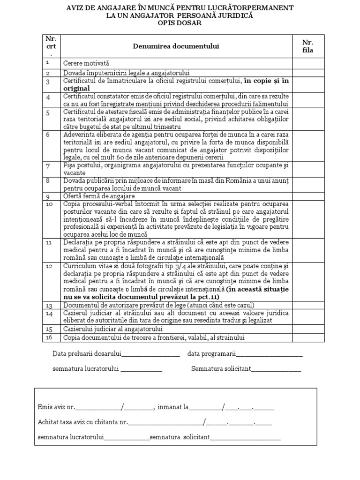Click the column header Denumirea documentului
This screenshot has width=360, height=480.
click(x=176, y=46)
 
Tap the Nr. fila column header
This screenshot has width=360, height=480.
click(x=308, y=46)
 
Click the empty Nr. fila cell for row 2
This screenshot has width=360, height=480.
click(x=308, y=73)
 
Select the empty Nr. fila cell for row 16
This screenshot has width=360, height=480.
click(x=308, y=337)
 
